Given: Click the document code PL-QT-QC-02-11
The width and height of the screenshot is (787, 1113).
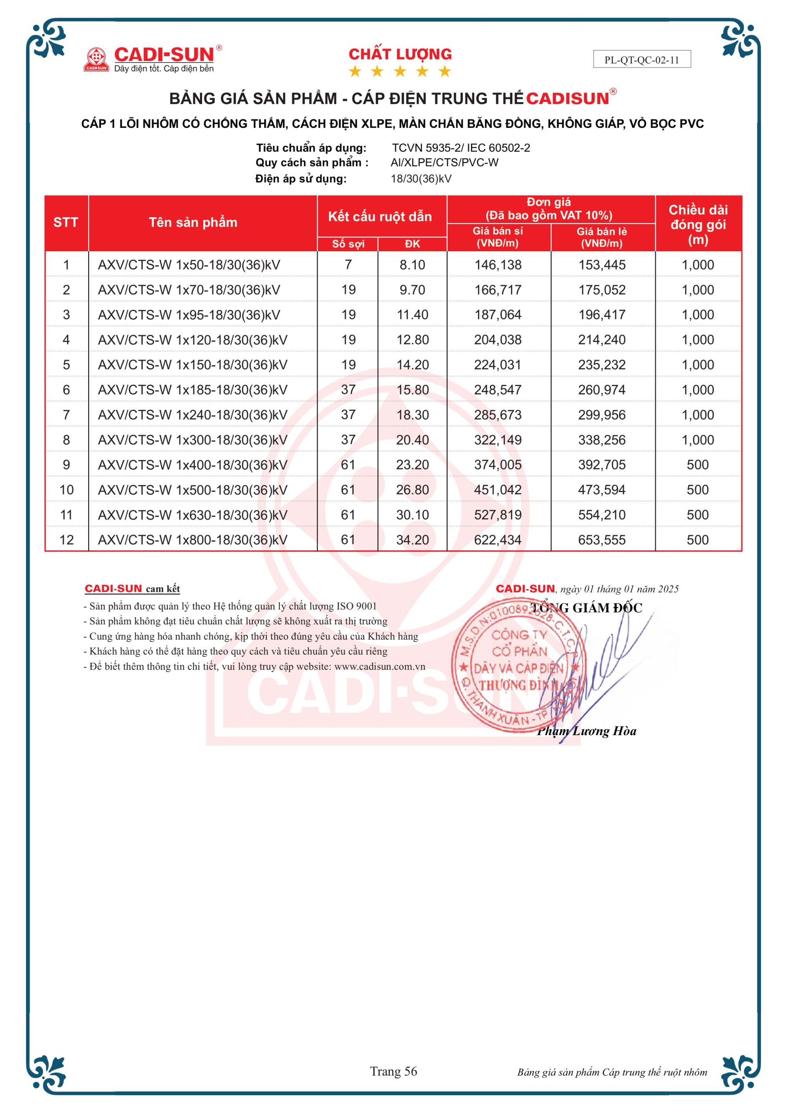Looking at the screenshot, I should [641, 60].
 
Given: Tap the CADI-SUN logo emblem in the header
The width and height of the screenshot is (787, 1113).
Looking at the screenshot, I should [96, 59].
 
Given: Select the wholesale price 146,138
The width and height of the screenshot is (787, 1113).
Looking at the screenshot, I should [498, 265].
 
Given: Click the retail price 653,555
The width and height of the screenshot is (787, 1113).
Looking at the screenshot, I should [601, 540].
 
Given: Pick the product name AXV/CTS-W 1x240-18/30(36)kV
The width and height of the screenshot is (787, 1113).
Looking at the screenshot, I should [193, 415].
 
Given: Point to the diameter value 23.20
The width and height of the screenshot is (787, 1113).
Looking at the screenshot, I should [412, 465].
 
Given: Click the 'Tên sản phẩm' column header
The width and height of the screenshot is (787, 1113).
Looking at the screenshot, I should [193, 223].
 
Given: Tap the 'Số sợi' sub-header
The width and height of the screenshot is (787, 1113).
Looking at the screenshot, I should [348, 244].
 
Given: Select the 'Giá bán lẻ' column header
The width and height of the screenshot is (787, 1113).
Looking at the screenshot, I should [601, 237].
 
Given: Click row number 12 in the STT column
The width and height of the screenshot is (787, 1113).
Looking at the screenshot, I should [66, 540].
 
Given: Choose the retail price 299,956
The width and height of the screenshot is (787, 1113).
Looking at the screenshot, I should [601, 415].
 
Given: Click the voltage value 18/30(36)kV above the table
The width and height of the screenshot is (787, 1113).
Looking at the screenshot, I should [421, 179].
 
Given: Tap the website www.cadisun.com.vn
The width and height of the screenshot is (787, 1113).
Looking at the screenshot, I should [379, 666].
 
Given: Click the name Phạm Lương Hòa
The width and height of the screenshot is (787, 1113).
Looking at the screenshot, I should [586, 731].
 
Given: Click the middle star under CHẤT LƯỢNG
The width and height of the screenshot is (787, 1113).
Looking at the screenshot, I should [400, 72].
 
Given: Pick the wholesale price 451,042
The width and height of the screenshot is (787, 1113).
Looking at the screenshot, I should [498, 490].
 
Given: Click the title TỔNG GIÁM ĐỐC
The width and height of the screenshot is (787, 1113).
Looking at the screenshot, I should [586, 608].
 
